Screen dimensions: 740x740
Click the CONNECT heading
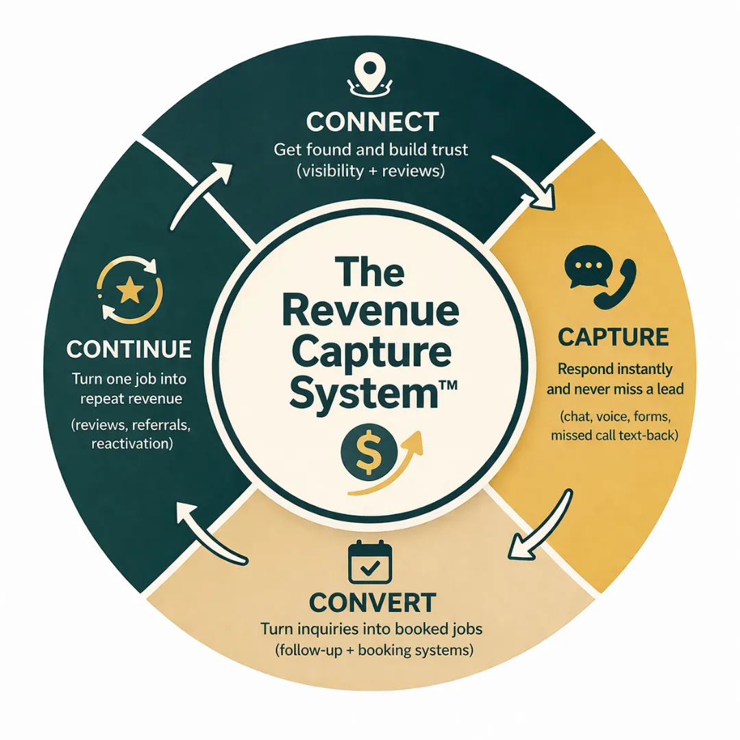(372, 122)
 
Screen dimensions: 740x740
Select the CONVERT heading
(372, 603)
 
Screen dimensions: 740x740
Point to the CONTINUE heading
(129, 349)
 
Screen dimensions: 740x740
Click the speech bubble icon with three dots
(582, 270)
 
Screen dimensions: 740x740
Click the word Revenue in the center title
(370, 312)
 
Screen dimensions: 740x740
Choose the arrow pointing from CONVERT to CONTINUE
(209, 534)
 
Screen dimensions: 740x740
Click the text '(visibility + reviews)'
(371, 171)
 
